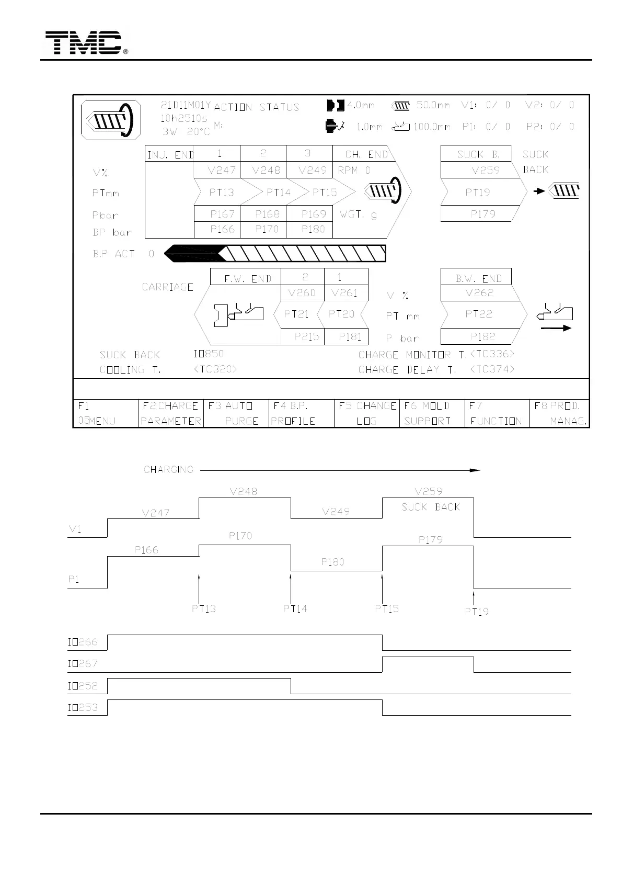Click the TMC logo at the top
tap(84, 43)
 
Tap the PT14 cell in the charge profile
tap(278, 193)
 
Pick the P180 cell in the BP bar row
tap(313, 229)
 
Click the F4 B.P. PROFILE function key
tap(301, 413)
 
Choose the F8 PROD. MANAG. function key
tap(560, 413)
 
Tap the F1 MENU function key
tap(105, 413)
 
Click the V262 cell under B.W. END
tap(479, 293)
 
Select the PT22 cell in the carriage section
tap(479, 314)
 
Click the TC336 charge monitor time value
tap(492, 354)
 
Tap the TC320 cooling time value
tap(215, 369)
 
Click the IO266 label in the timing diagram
tap(83, 642)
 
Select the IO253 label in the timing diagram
tap(83, 708)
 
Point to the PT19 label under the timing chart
tap(477, 612)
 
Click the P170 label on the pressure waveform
tap(240, 536)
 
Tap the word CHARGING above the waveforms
tap(168, 470)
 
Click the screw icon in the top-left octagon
tap(111, 120)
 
